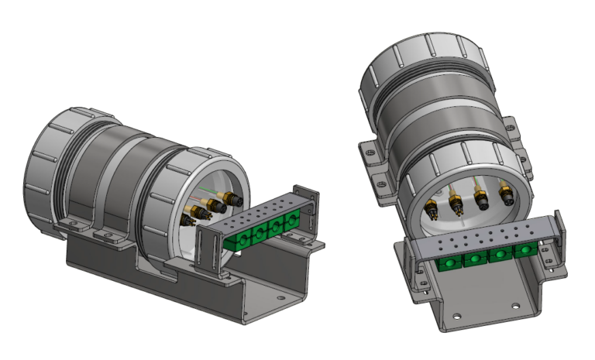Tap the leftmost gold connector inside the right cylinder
(430, 208)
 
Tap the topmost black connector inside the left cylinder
(230, 199)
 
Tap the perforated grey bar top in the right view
(480, 240)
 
